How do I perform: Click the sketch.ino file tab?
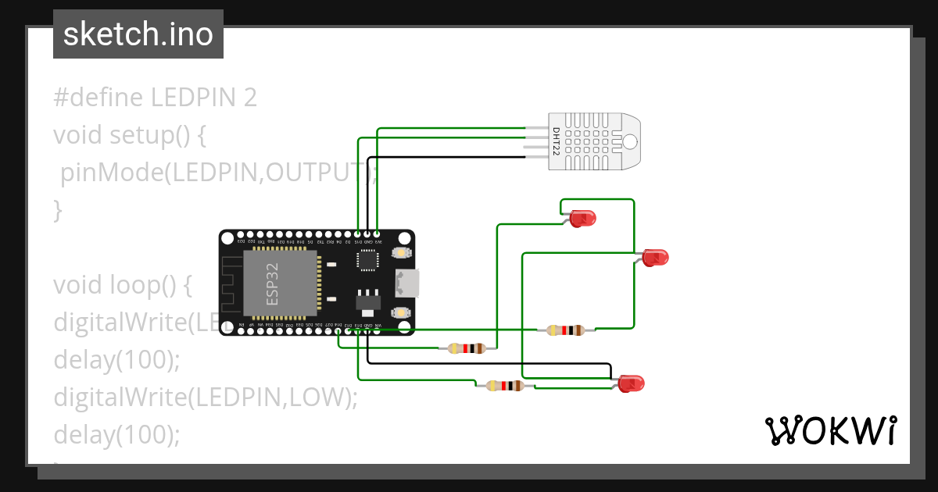coord(138,34)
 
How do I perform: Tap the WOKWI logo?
coord(829,430)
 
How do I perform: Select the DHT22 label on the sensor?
coord(556,141)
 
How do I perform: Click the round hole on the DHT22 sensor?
coord(629,141)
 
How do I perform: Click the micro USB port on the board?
coord(408,283)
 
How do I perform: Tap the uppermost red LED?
coord(582,219)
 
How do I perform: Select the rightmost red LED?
coord(655,257)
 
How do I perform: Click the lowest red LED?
coord(630,383)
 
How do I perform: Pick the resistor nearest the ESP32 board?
coord(467,348)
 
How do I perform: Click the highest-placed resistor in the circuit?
coord(565,330)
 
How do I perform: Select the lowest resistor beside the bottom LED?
coord(504,385)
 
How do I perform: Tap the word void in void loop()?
coord(76,285)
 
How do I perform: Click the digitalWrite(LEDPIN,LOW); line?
coord(205,398)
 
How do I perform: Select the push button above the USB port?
coord(400,253)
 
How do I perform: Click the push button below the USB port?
coord(400,312)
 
